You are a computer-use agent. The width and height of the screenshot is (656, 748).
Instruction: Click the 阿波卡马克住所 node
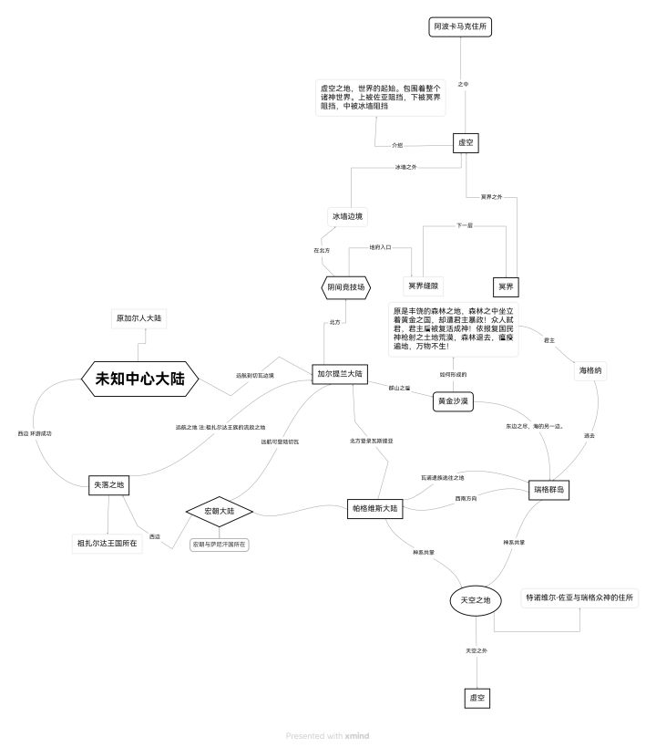(x=460, y=27)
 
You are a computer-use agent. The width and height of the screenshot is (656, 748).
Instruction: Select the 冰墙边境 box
(x=347, y=216)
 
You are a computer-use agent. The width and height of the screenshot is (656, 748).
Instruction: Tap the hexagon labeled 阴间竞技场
(x=347, y=287)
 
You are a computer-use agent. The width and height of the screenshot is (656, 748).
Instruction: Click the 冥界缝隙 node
(x=424, y=286)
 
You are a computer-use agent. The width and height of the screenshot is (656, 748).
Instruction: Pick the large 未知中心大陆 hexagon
(x=140, y=379)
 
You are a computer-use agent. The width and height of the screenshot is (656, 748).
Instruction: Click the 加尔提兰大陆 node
(x=340, y=373)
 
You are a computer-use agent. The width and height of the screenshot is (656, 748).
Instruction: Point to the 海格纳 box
(x=590, y=371)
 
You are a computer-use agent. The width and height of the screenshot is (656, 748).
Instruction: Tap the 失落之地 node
(x=108, y=486)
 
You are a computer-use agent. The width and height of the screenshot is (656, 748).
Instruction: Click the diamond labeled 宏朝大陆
(x=219, y=511)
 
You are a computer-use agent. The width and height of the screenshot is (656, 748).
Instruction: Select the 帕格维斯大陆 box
(x=375, y=509)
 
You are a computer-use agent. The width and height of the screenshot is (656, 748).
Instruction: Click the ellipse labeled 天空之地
(x=476, y=599)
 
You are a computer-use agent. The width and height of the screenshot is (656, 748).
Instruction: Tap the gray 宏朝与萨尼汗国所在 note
(x=219, y=544)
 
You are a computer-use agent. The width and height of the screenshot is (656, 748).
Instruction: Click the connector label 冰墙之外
(x=405, y=167)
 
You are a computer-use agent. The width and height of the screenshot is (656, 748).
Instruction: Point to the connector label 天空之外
(x=477, y=650)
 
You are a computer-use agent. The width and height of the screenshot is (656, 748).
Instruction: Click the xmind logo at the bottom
(x=358, y=735)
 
